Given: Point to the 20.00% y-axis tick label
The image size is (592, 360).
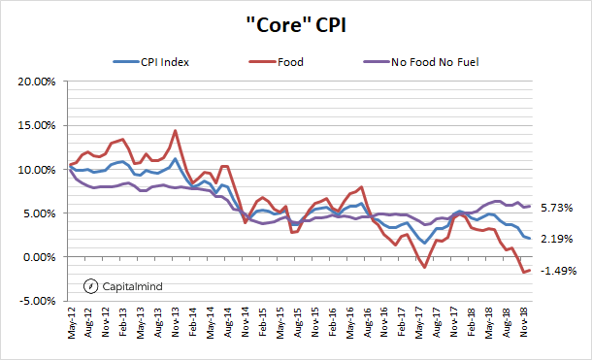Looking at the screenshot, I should (36, 82).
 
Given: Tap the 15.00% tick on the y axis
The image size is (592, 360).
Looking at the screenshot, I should (36, 125).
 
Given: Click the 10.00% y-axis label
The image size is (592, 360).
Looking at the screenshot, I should (36, 170).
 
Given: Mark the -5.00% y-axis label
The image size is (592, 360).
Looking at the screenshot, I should (37, 301).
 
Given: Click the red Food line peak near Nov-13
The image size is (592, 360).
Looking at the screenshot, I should (175, 130).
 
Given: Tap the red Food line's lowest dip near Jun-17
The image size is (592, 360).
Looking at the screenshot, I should (425, 267).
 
